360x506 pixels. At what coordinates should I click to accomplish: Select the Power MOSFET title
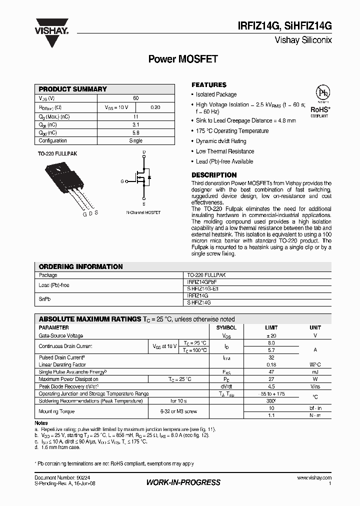point(183,59)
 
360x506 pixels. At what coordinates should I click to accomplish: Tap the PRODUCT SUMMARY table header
point(73,89)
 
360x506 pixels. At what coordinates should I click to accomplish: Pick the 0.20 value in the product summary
point(155,107)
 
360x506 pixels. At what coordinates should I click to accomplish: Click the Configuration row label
point(53,141)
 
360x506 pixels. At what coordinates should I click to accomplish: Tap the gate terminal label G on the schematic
point(122,181)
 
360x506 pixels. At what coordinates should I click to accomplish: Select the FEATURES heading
point(209,85)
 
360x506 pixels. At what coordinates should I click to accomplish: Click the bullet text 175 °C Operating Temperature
point(232,131)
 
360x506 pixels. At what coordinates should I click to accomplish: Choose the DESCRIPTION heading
point(214,175)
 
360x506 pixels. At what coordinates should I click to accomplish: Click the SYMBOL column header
point(226,327)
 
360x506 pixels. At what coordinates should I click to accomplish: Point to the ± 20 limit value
point(271,336)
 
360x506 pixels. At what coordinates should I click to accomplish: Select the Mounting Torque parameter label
point(56,411)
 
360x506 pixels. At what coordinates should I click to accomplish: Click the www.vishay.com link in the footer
point(313,478)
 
